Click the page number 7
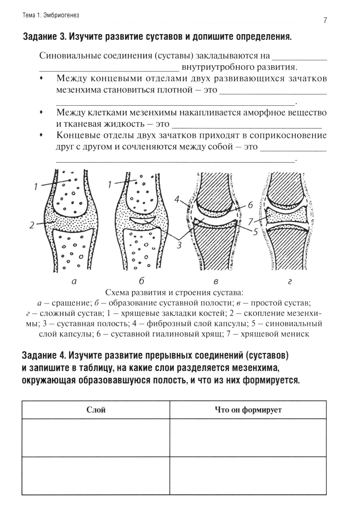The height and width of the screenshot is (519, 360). pyautogui.click(x=325, y=21)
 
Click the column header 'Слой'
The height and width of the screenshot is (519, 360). pyautogui.click(x=96, y=410)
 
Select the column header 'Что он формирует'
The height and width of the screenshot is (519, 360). pyautogui.click(x=248, y=410)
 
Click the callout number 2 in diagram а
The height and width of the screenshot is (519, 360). pyautogui.click(x=32, y=226)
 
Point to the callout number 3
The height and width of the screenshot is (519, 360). pyautogui.click(x=179, y=245)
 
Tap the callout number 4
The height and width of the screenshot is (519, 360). pyautogui.click(x=176, y=199)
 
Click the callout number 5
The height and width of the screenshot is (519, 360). pyautogui.click(x=255, y=232)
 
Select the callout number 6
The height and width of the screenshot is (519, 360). pyautogui.click(x=250, y=205)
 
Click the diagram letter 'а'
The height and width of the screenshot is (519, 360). pyautogui.click(x=74, y=282)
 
